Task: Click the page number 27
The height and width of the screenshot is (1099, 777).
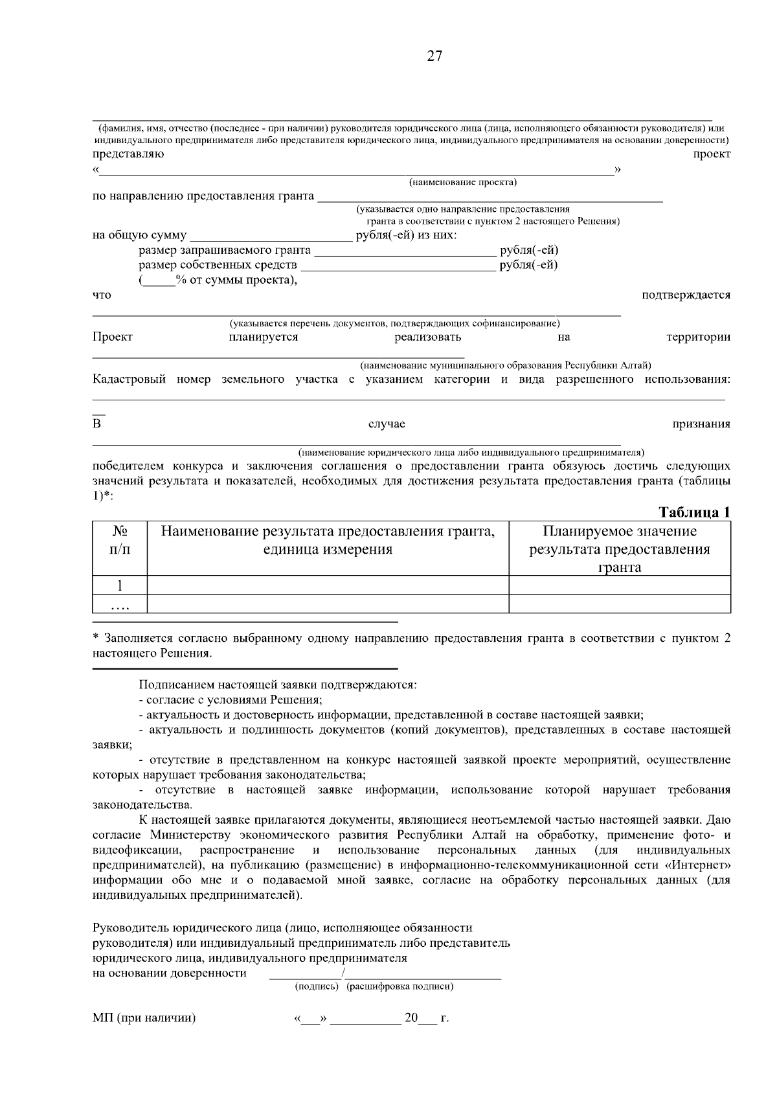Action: [x=434, y=56]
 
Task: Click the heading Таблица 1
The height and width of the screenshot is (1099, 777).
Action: [x=694, y=512]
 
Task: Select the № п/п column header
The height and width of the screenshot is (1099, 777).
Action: [x=120, y=540]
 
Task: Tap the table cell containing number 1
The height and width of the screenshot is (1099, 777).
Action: [x=120, y=585]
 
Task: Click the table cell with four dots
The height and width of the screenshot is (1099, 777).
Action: [x=120, y=605]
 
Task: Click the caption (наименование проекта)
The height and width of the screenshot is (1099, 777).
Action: [x=462, y=183]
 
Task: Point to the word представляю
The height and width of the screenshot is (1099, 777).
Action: [x=128, y=154]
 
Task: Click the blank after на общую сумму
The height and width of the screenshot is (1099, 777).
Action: [x=271, y=236]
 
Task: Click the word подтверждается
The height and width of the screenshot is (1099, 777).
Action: [x=685, y=295]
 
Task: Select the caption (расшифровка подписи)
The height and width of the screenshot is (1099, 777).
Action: [x=400, y=986]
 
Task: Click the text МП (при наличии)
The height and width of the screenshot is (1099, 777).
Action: [x=144, y=1018]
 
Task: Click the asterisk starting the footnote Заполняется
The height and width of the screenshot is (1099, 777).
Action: [x=96, y=638]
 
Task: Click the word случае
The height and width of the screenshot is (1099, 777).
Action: [x=387, y=424]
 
